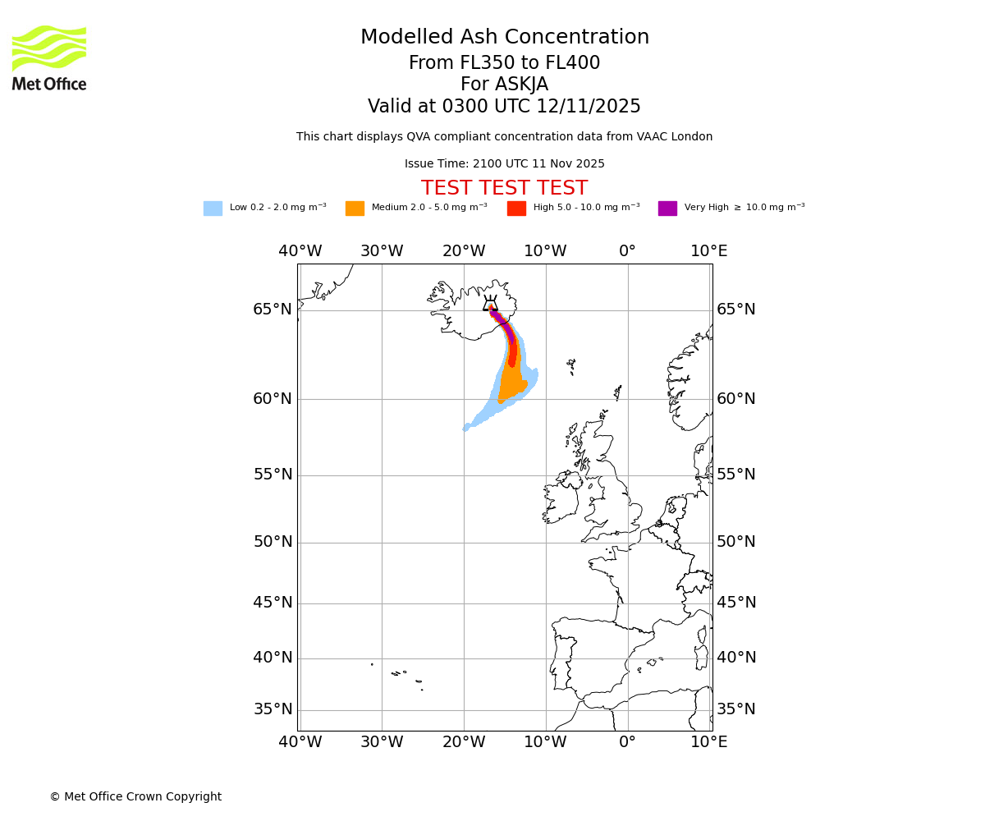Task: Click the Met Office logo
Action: tap(49, 57)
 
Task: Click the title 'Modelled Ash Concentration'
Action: tap(504, 38)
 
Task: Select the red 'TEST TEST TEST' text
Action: tap(504, 189)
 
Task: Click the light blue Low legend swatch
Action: tap(213, 209)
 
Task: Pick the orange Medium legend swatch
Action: tap(355, 209)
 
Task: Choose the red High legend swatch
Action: tap(516, 209)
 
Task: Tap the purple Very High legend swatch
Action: tap(667, 209)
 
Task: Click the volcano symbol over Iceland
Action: tap(491, 304)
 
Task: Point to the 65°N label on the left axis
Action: tap(273, 310)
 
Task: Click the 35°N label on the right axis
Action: tap(736, 709)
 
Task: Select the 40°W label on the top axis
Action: tap(300, 251)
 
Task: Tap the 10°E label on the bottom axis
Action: tap(708, 742)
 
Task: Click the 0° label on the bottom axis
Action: tap(627, 742)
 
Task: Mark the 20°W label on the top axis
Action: tap(464, 251)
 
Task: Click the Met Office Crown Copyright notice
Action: tap(135, 796)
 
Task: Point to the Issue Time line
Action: tap(504, 164)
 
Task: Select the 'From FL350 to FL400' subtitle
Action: tap(504, 63)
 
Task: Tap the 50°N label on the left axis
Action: tap(273, 542)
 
